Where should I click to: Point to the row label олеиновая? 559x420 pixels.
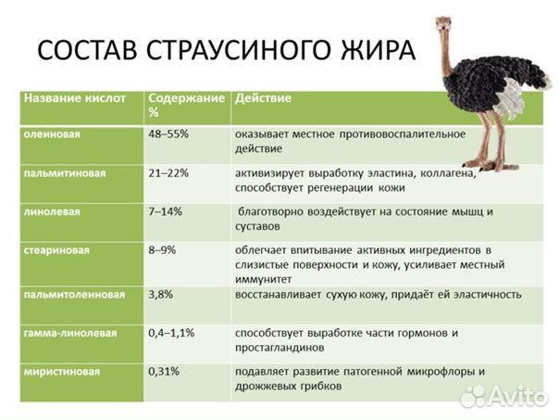52,134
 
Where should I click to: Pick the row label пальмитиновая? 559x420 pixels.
64,172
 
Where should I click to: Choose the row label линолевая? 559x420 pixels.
52,211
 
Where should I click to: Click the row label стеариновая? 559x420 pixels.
57,250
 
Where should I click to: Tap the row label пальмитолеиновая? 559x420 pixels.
73,294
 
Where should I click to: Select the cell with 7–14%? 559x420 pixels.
166,211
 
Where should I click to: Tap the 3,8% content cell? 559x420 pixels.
161,294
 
